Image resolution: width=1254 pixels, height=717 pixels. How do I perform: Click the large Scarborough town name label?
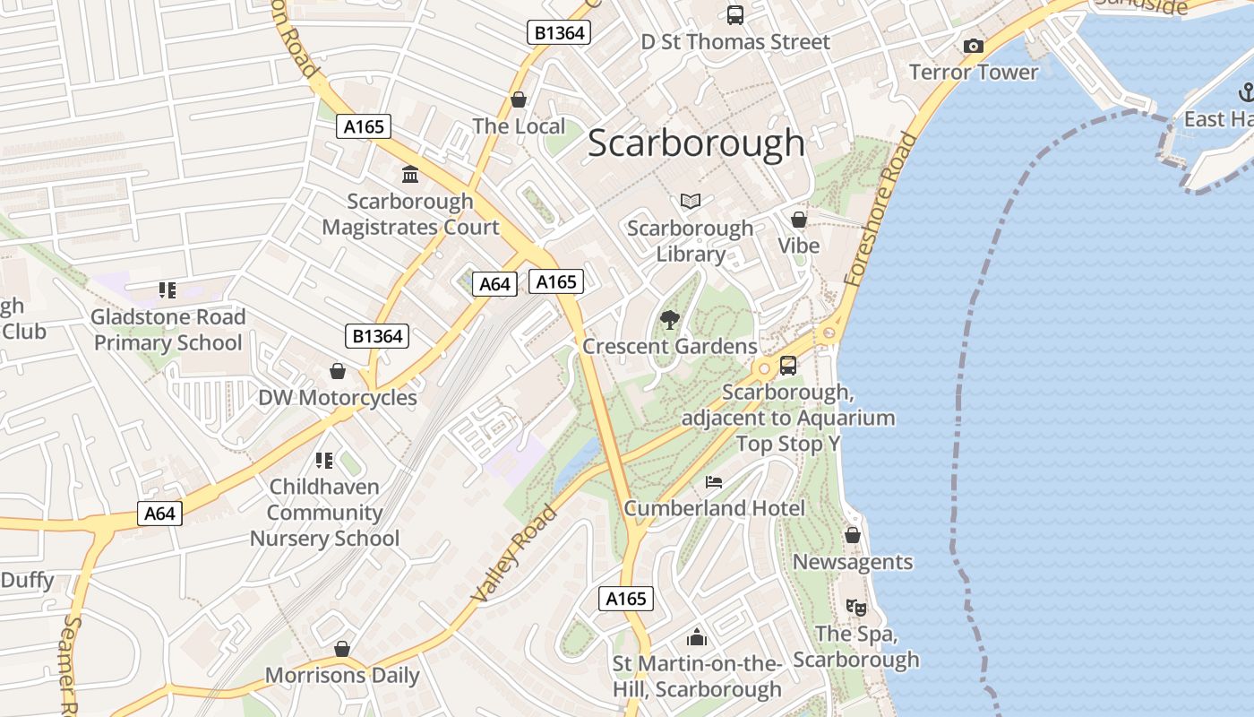[x=696, y=143]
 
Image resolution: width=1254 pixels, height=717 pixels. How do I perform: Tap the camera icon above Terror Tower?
[x=973, y=46]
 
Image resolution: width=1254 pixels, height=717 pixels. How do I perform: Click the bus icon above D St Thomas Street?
[x=734, y=15]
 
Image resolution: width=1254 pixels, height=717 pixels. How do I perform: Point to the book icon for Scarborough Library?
[x=690, y=202]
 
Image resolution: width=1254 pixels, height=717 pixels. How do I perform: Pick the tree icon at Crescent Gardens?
[x=669, y=320]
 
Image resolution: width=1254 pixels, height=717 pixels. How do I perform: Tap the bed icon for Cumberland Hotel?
[x=714, y=482]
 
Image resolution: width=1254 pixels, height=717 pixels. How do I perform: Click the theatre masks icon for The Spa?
[x=855, y=607]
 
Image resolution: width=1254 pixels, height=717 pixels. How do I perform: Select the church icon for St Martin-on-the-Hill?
[x=696, y=637]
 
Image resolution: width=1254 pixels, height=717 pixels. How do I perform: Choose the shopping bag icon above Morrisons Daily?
[x=341, y=649]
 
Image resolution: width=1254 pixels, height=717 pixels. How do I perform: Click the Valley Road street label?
[x=513, y=553]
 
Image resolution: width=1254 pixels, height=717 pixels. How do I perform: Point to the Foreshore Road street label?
[x=881, y=210]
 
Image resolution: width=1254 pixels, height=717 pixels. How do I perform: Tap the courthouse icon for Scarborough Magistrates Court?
[x=410, y=174]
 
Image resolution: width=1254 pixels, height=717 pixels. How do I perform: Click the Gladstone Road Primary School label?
[x=167, y=330]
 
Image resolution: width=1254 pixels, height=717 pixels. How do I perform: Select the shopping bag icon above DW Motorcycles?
[x=338, y=371]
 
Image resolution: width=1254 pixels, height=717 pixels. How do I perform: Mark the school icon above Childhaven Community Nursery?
[x=323, y=461]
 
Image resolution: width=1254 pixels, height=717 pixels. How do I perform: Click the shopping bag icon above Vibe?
[x=798, y=220]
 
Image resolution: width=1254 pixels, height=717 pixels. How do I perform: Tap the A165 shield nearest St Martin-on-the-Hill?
[x=625, y=599]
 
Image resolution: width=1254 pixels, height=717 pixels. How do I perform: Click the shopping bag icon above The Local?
[x=518, y=99]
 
